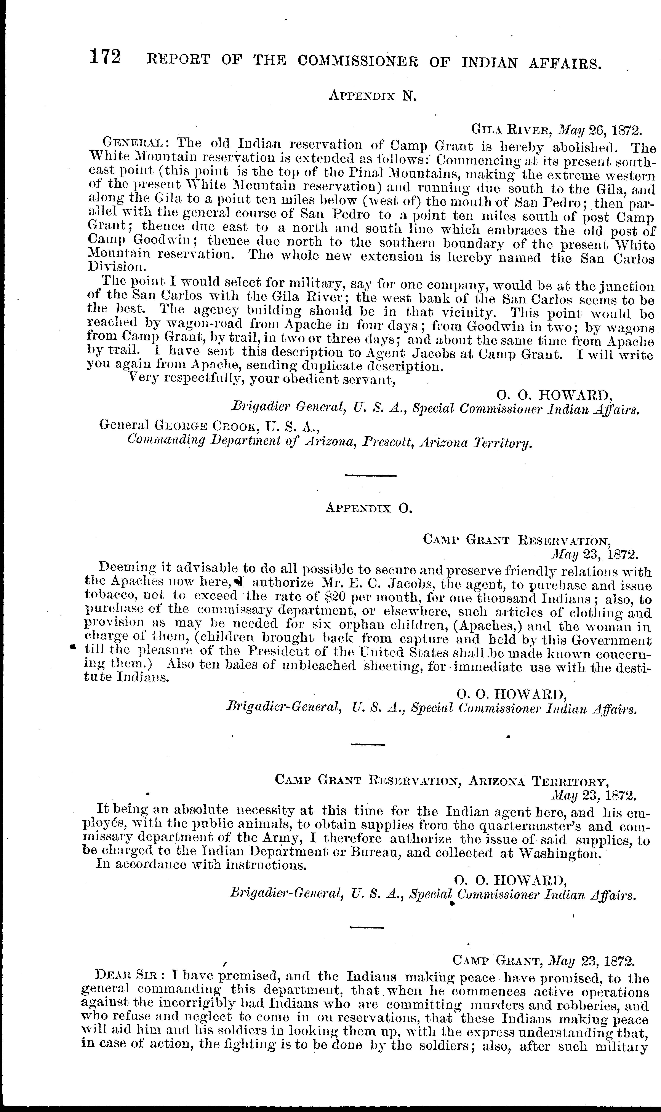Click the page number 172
[x=105, y=58]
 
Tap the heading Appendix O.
[x=369, y=508]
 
